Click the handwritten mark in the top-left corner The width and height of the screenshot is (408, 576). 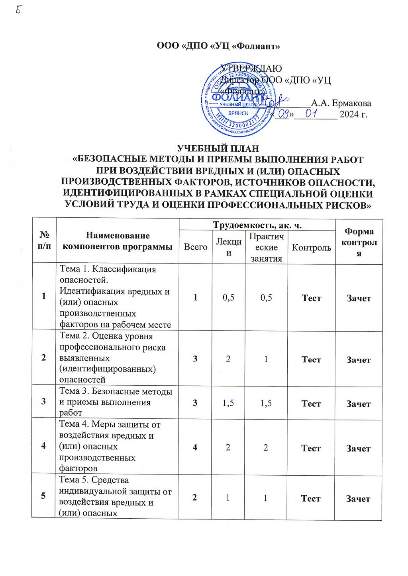[x=19, y=10]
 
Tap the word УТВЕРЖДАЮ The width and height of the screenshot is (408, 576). [x=251, y=68]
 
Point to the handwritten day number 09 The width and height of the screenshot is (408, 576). [x=284, y=115]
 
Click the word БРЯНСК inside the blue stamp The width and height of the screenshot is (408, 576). [x=239, y=113]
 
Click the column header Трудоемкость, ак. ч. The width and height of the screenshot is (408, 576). [x=257, y=225]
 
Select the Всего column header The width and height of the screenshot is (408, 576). [x=196, y=247]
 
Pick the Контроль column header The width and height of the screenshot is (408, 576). [x=311, y=248]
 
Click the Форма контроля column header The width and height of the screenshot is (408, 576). [x=359, y=242]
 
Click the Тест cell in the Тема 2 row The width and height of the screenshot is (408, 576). [x=311, y=359]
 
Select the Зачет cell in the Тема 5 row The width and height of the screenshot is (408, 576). [x=358, y=498]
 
